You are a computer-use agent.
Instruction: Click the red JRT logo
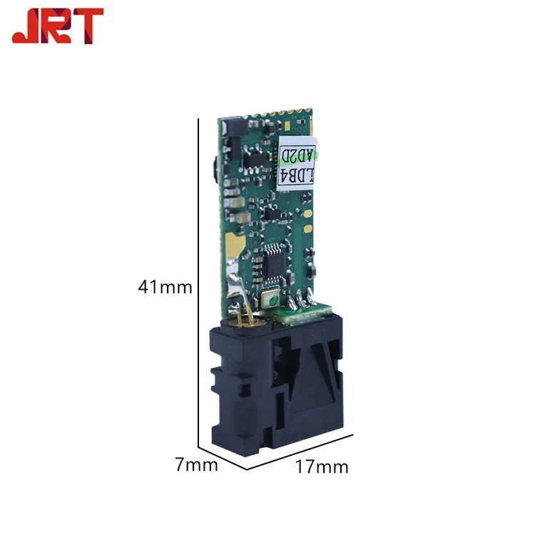[x=58, y=26]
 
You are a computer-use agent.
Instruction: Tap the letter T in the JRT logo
[x=88, y=26]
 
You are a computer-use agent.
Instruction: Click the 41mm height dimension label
[x=165, y=287]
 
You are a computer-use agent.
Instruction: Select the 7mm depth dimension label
[x=197, y=464]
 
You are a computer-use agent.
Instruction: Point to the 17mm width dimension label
[x=322, y=467]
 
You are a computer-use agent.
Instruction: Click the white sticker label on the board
[x=296, y=163]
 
